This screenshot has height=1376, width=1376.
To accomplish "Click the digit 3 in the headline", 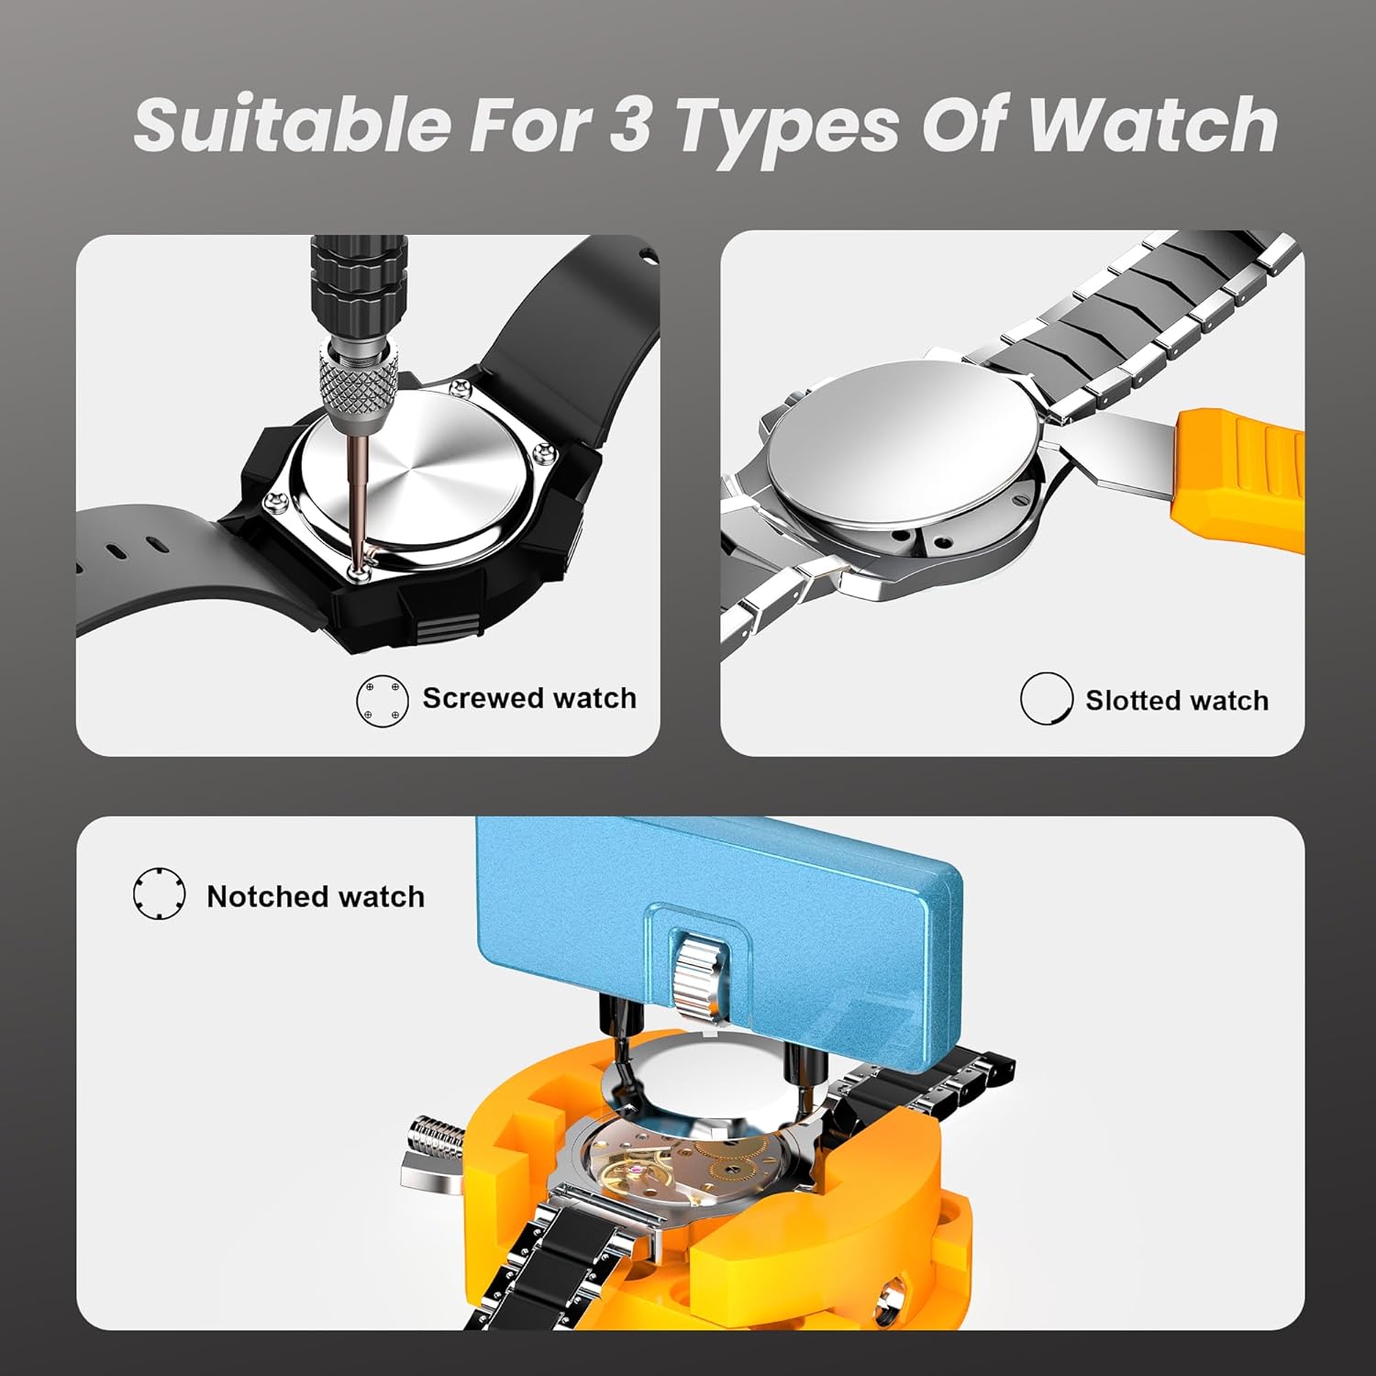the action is click(x=629, y=125).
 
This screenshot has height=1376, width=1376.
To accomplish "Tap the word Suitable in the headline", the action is click(x=292, y=125).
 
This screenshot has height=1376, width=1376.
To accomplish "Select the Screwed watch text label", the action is click(x=529, y=698).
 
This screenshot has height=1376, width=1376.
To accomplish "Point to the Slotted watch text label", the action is click(x=1177, y=701).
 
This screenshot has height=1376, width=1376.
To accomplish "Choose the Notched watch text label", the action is click(x=316, y=896).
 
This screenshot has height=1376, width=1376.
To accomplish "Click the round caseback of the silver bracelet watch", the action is click(x=904, y=446).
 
